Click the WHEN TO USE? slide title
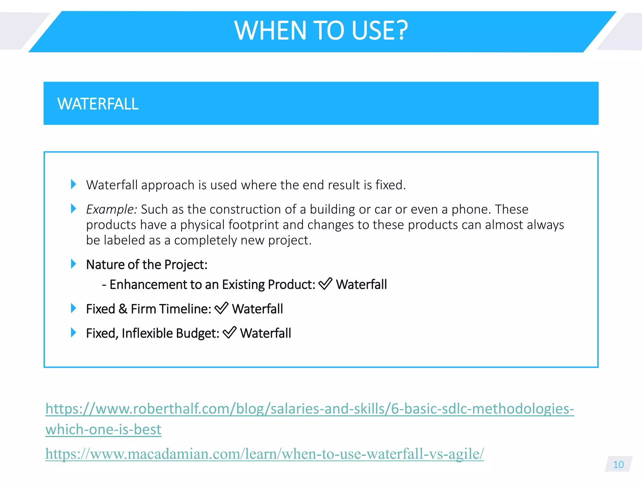pyautogui.click(x=321, y=30)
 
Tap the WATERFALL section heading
pyautogui.click(x=98, y=104)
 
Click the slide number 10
pyautogui.click(x=618, y=464)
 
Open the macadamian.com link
pyautogui.click(x=265, y=454)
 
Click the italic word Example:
pyautogui.click(x=111, y=209)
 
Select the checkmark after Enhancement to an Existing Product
pyautogui.click(x=325, y=284)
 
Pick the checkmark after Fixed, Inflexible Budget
pyautogui.click(x=229, y=333)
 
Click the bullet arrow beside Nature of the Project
pyautogui.click(x=74, y=264)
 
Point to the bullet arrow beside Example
pyautogui.click(x=74, y=209)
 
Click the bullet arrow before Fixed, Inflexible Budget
pyautogui.click(x=74, y=333)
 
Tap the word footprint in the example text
pyautogui.click(x=254, y=225)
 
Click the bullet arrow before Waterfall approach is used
pyautogui.click(x=74, y=184)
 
